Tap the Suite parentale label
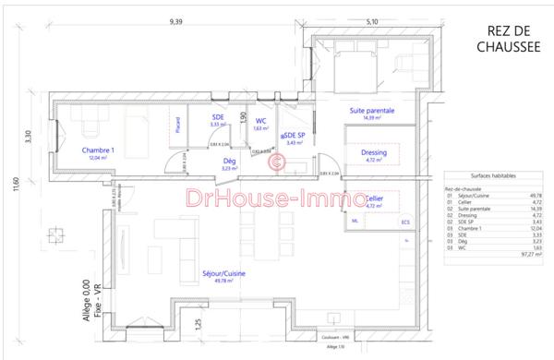[x=372, y=111]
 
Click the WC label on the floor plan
[x=261, y=120]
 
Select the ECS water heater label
[x=403, y=222]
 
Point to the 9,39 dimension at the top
[x=175, y=19]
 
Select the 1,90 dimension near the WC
[x=243, y=118]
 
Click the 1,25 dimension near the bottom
[x=197, y=323]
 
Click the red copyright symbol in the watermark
[x=275, y=164]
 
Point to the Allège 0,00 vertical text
[x=85, y=300]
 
